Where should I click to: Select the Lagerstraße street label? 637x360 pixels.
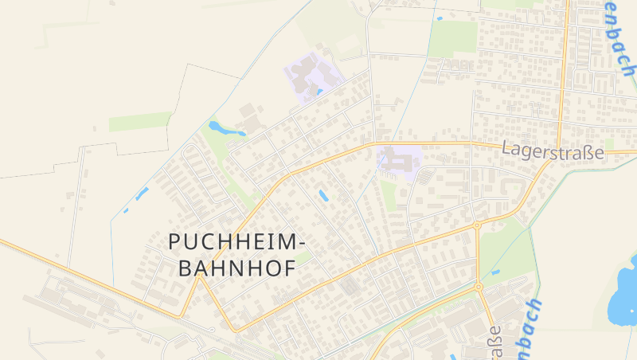point(553,151)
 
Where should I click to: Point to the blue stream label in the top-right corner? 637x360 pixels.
point(619,40)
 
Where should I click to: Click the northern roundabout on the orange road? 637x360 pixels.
point(477,225)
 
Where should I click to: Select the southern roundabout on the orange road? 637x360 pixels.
point(479,287)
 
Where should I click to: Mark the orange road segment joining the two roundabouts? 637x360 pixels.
point(478,256)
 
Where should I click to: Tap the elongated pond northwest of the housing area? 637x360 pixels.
point(217,127)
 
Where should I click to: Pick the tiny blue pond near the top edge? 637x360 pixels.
point(439,18)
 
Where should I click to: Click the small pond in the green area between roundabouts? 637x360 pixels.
point(495,272)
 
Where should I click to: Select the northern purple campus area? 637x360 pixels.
point(313,76)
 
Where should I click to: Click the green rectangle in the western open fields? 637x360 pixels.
point(140,122)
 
